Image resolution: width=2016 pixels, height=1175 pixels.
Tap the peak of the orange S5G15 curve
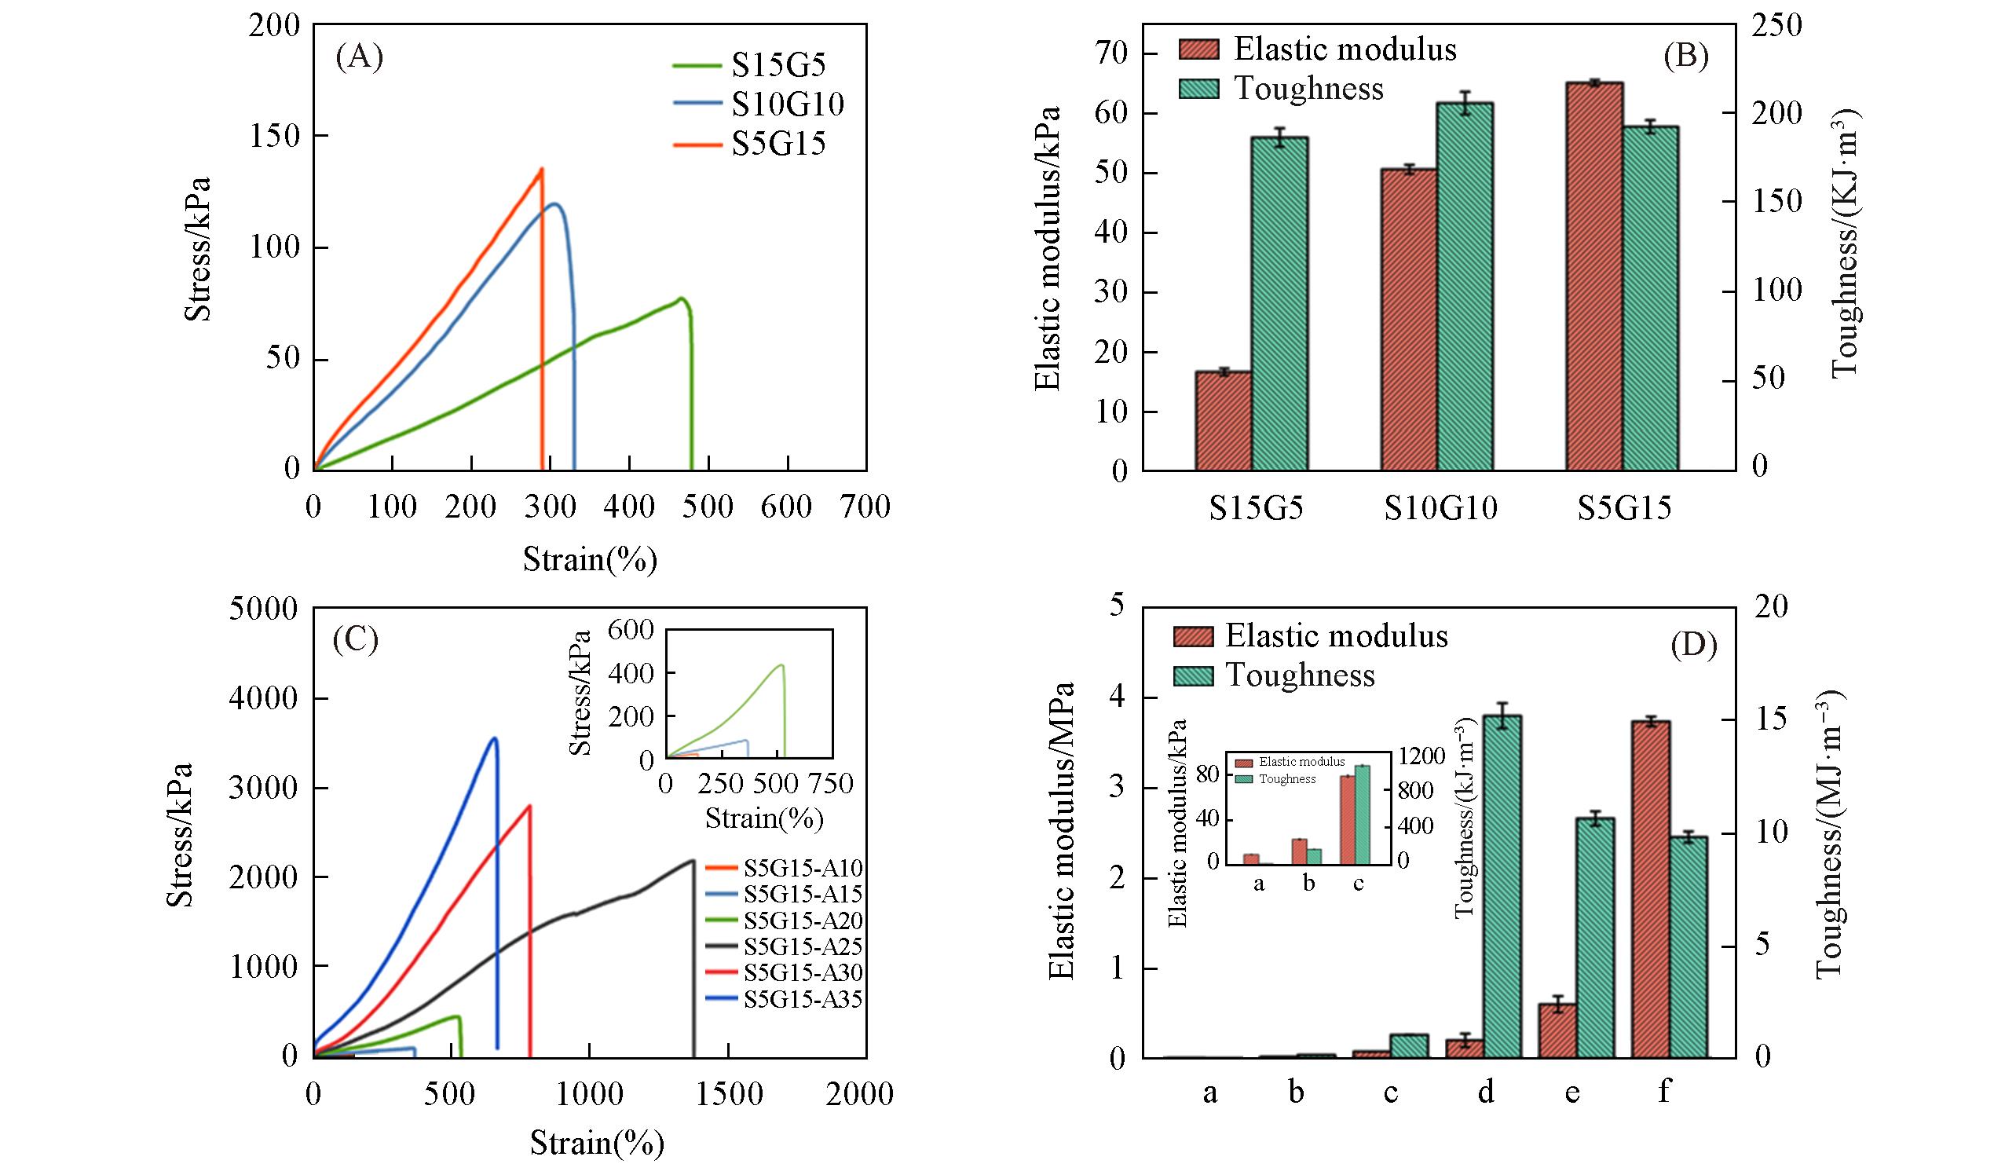(x=542, y=169)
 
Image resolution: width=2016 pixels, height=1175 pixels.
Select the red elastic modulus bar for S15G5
(x=1224, y=420)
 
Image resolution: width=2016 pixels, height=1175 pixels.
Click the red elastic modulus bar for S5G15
(x=1594, y=276)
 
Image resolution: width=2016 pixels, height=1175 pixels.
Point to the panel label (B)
(x=1685, y=56)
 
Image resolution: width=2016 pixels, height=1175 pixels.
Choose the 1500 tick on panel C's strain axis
(x=727, y=1093)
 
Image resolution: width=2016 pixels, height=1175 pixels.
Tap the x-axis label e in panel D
(x=1572, y=1091)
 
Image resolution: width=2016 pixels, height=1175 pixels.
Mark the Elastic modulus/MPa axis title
(x=1062, y=830)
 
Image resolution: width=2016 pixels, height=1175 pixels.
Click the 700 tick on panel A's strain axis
(x=866, y=507)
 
